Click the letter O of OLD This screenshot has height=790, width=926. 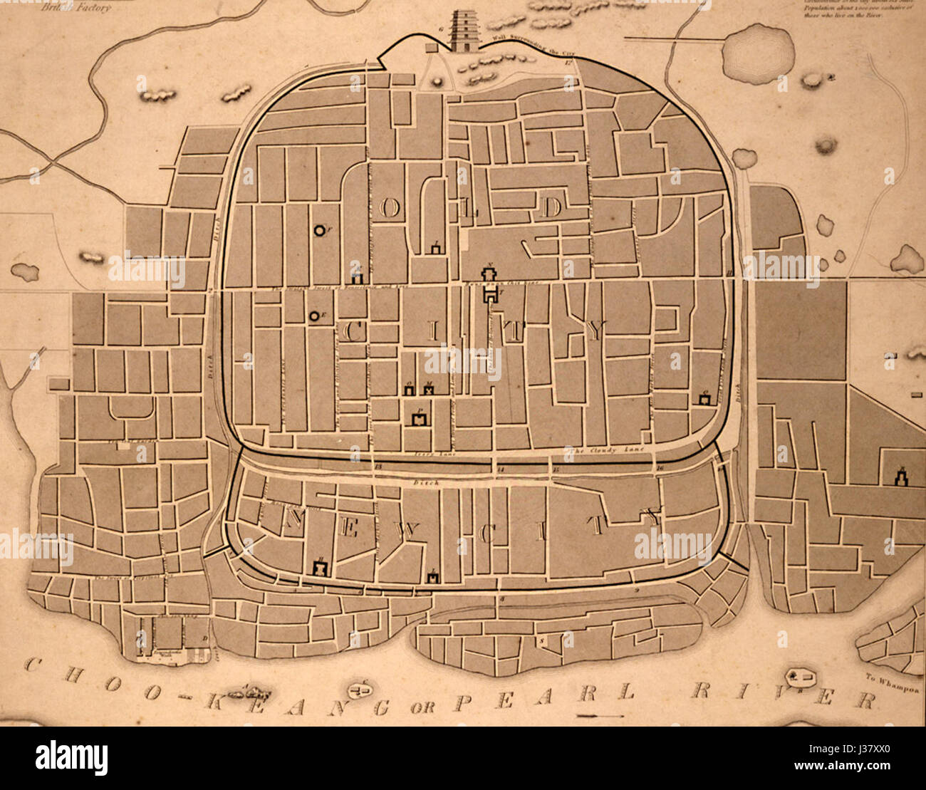point(390,208)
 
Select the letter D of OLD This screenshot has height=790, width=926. point(551,208)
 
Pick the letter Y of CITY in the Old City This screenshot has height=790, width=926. point(596,330)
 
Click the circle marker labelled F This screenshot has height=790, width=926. point(320,230)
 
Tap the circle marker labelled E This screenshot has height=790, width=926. point(313,316)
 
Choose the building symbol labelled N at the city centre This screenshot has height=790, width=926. point(490,275)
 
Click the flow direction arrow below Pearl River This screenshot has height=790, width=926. point(600,715)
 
